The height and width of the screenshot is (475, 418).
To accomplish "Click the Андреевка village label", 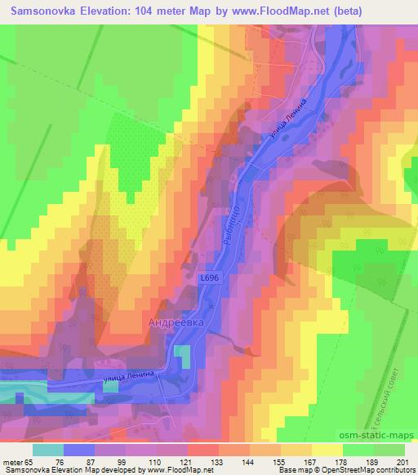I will (x=176, y=322).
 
